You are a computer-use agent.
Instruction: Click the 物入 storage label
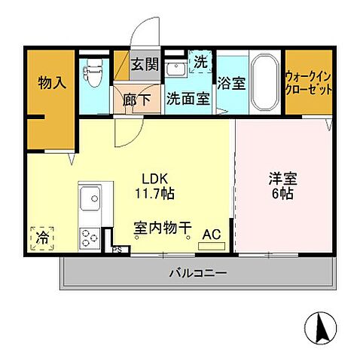51,82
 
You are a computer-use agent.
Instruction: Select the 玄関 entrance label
145,65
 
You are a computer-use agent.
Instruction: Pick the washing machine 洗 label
201,63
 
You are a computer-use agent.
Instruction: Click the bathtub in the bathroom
263,82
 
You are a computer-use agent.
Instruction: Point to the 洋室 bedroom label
283,179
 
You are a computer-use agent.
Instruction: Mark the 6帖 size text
283,194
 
